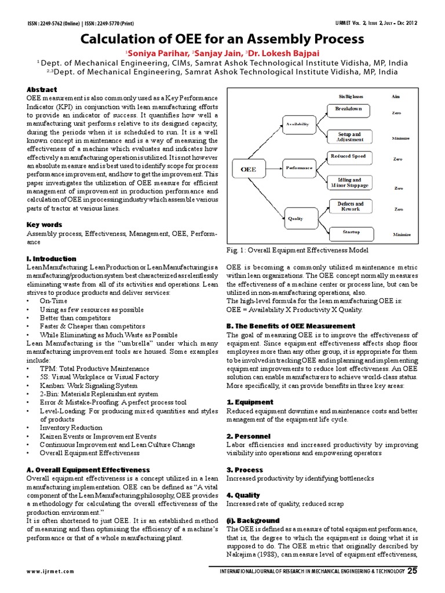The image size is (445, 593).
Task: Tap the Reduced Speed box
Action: click(x=348, y=156)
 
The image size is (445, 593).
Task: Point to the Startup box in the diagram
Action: click(x=348, y=232)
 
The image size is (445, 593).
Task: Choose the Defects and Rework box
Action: click(x=348, y=207)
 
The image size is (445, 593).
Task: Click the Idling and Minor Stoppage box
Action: click(x=348, y=182)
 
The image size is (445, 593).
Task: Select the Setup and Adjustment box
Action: click(x=348, y=137)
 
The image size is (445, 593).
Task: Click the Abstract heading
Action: click(x=42, y=90)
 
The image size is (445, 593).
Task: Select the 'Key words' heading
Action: click(x=44, y=224)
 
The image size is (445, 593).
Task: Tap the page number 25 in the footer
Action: click(x=412, y=570)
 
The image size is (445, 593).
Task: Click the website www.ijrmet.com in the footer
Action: click(x=50, y=571)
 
